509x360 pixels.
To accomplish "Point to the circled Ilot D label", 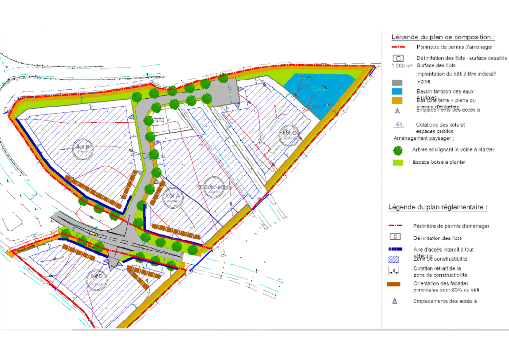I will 97,279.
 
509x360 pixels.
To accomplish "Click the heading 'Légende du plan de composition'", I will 443,37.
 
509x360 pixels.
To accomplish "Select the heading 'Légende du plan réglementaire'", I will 438,207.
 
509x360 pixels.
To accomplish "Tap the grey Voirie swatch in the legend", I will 397,82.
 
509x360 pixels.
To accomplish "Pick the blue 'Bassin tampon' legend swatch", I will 397,91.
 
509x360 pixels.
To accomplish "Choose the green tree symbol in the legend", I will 397,150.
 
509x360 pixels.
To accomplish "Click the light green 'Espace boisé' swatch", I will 397,162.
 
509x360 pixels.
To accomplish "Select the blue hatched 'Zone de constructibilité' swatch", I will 395,258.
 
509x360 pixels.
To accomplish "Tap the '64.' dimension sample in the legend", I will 397,125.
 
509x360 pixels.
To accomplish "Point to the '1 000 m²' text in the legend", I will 402,65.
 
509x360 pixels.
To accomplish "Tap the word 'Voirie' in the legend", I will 424,81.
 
